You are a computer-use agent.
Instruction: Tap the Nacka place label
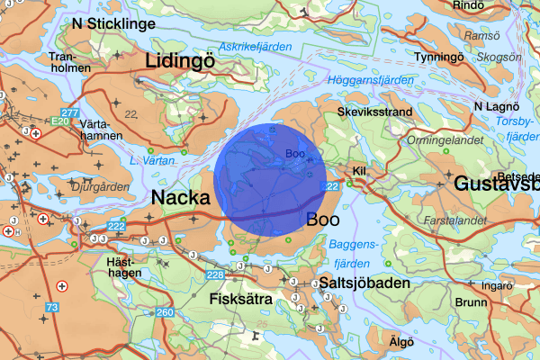181,197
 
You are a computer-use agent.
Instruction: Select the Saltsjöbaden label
364,283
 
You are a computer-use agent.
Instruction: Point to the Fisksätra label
239,298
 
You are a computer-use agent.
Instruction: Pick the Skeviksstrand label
374,112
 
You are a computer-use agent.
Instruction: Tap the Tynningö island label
436,58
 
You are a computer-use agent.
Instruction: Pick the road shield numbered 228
215,274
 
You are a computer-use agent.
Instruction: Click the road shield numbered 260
164,313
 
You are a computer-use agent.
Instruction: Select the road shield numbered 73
52,308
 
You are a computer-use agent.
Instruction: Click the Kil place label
360,171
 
